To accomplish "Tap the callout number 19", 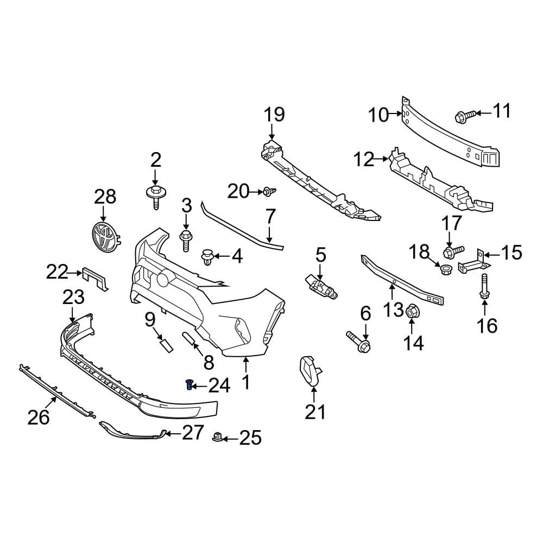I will tap(274, 115).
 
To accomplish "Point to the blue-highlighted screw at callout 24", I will tap(189, 385).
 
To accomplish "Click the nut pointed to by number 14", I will tap(412, 311).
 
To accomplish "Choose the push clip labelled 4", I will tap(208, 257).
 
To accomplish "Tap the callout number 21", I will tap(315, 412).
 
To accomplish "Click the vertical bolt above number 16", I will tap(483, 286).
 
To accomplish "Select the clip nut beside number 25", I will tap(217, 437).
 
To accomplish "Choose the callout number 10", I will tap(378, 115).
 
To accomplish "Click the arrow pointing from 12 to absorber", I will tap(382, 159).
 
